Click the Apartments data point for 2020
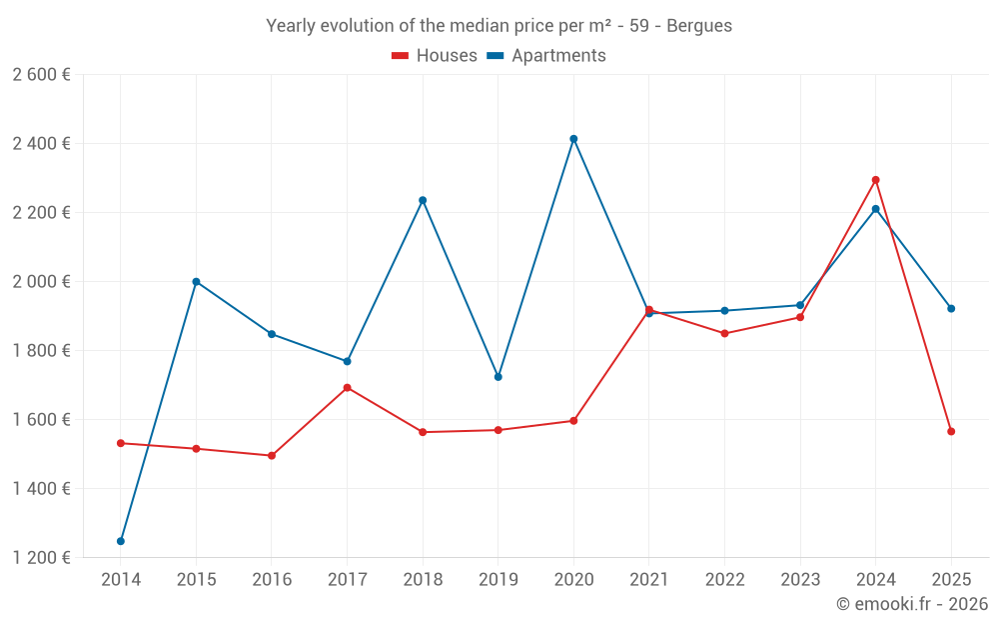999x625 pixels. pos(573,139)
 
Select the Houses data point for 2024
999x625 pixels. pos(876,180)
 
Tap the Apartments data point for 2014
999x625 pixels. pos(121,541)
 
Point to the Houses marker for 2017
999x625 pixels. pos(347,388)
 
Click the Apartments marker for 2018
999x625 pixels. pos(423,200)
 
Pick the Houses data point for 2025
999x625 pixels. pos(951,431)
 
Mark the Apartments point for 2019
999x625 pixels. pos(498,377)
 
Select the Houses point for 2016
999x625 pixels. pos(272,456)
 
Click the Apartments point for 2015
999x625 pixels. pos(196,282)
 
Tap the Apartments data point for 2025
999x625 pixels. pos(951,309)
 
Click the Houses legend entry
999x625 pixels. pos(435,56)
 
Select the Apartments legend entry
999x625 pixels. pos(546,56)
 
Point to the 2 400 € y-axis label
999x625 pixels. pos(41,144)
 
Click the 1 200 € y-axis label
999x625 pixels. pos(41,558)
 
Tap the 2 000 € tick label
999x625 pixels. pos(41,282)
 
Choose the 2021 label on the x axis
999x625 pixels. pos(648,580)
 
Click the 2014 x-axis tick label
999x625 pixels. pos(121,580)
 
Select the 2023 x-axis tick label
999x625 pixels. pos(800,580)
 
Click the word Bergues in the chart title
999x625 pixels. pos(698,26)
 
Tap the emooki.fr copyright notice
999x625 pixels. pos(912,604)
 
